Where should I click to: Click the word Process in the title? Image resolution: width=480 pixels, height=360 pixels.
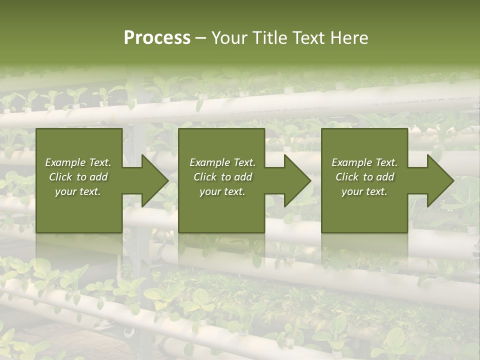click(x=157, y=38)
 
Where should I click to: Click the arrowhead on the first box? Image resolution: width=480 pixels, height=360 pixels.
click(x=152, y=180)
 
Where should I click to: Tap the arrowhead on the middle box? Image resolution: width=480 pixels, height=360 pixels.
click(x=295, y=180)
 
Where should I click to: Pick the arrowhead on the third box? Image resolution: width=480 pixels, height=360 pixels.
click(x=438, y=180)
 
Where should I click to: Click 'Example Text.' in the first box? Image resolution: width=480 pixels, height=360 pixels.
click(x=78, y=162)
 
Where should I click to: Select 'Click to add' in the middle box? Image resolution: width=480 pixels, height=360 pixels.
click(x=222, y=177)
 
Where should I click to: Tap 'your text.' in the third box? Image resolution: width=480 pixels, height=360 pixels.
click(x=364, y=191)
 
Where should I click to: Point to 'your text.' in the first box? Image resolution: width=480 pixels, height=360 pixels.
click(x=78, y=191)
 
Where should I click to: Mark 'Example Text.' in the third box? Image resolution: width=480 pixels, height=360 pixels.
click(x=364, y=162)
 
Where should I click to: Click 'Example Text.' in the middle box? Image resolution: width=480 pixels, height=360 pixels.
click(x=222, y=162)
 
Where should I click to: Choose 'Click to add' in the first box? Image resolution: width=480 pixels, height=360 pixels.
click(x=78, y=177)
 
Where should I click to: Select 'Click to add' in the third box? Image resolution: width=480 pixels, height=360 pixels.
click(x=364, y=177)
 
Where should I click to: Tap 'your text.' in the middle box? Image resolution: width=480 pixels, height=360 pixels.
click(x=222, y=191)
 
